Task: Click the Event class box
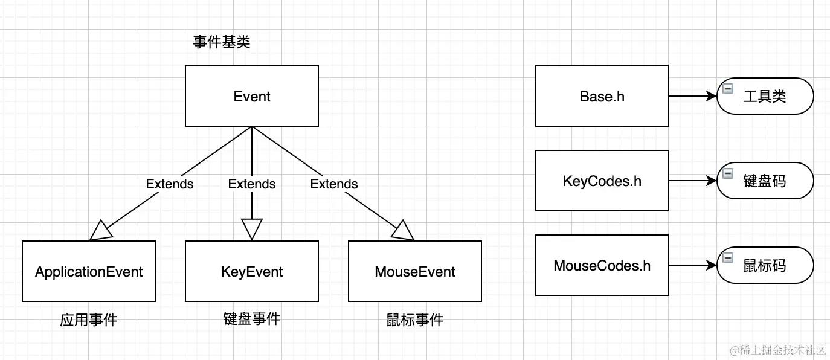click(251, 96)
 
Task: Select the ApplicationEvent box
click(89, 271)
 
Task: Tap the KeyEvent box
click(251, 271)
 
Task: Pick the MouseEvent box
click(414, 271)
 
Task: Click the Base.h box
click(602, 96)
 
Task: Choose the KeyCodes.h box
click(602, 181)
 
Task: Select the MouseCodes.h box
click(602, 265)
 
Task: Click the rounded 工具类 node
click(765, 96)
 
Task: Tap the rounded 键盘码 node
click(765, 181)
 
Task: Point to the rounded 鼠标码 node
click(765, 265)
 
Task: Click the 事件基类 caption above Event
click(222, 42)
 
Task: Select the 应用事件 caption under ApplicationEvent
click(89, 320)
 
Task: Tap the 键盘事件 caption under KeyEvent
click(251, 318)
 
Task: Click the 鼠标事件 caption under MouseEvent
click(414, 320)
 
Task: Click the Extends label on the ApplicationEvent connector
click(170, 184)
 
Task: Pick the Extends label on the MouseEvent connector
click(334, 184)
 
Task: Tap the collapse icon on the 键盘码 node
click(728, 173)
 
